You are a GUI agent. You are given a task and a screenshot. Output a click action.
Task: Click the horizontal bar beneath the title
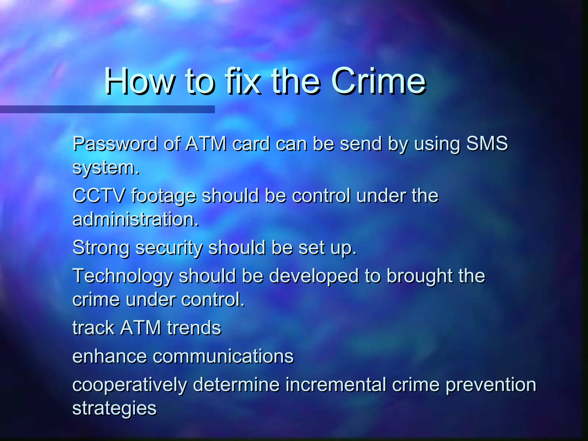(107, 109)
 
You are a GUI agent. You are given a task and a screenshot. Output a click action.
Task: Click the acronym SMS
(487, 143)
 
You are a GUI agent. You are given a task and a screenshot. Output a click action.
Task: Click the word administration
(136, 219)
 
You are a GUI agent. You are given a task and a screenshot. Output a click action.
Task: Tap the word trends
(194, 328)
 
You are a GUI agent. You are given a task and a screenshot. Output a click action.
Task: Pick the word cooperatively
(129, 385)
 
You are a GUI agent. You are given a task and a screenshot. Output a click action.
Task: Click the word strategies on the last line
(114, 409)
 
